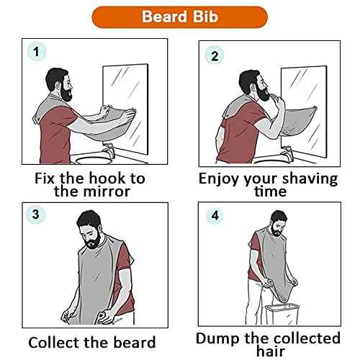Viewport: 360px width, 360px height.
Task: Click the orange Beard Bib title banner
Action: coord(180,16)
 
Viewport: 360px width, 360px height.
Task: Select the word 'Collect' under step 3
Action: coord(55,343)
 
